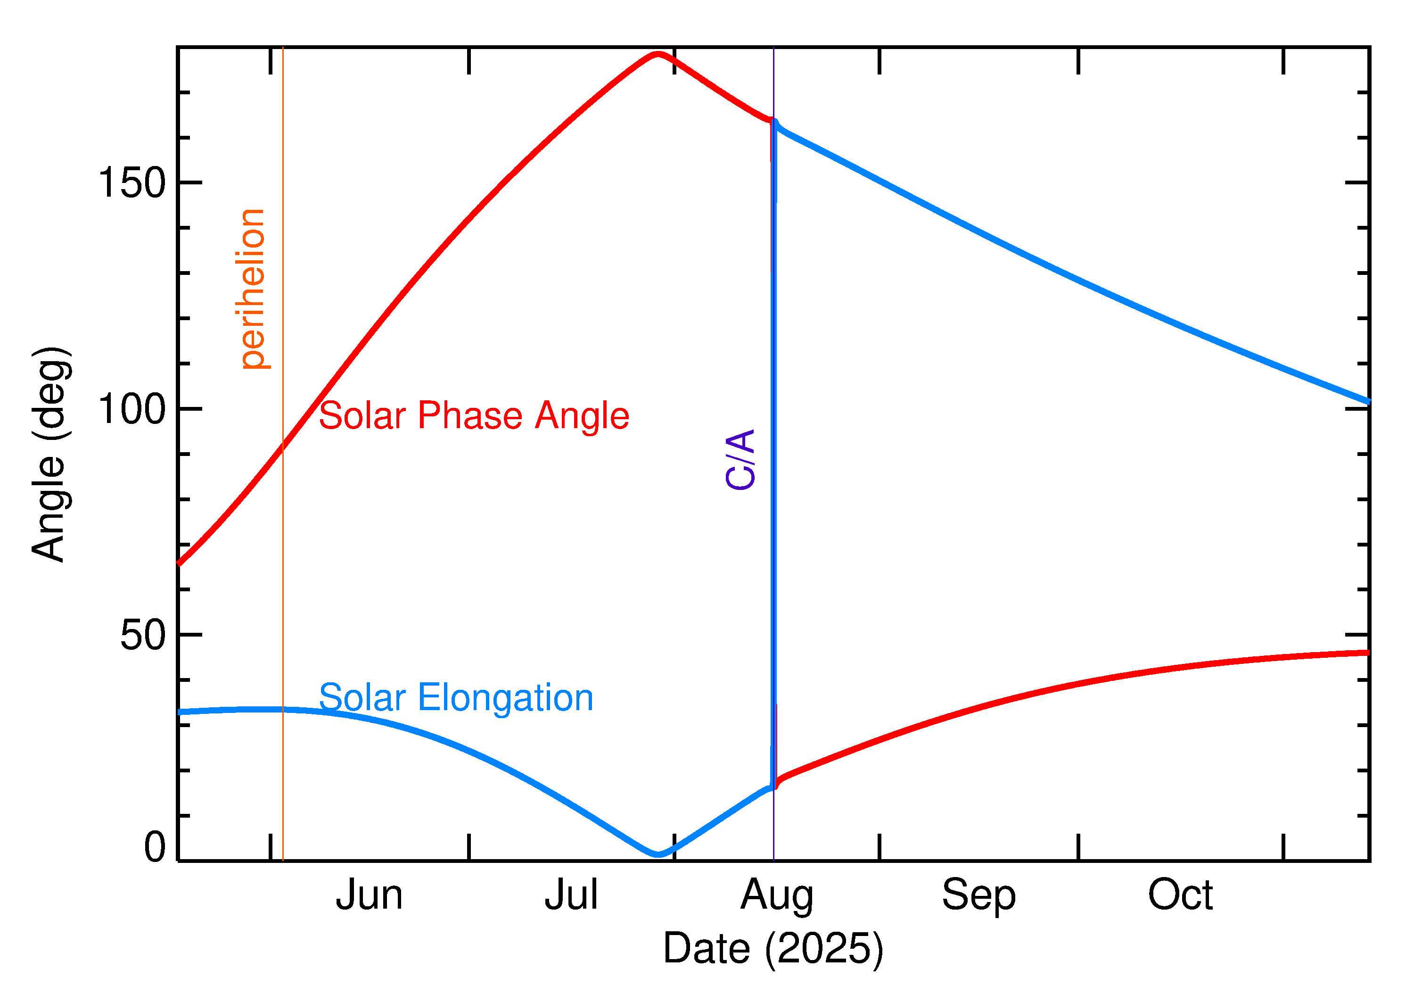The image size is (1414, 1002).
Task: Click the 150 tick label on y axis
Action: [132, 183]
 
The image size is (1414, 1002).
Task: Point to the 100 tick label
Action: [132, 409]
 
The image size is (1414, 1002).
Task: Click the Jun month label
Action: [369, 895]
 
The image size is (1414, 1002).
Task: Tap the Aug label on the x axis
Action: [776, 896]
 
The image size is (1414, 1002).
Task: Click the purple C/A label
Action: [740, 460]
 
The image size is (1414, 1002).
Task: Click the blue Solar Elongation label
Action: [456, 698]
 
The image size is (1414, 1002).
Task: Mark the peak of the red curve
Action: [658, 54]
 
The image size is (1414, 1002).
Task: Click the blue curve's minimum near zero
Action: [658, 854]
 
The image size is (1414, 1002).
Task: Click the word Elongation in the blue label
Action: [505, 698]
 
